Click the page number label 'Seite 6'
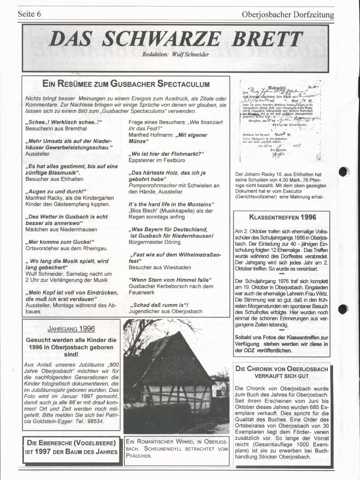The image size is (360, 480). click(29, 14)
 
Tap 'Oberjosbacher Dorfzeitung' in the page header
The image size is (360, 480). click(288, 15)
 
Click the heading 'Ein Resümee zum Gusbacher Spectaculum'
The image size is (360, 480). click(126, 84)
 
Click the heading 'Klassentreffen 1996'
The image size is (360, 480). click(283, 217)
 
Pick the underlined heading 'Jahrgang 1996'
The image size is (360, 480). click(71, 329)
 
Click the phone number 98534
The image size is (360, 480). click(95, 421)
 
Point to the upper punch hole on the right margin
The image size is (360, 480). click(344, 172)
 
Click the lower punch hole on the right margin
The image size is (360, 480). click(343, 309)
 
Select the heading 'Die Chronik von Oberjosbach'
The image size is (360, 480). click(282, 369)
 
